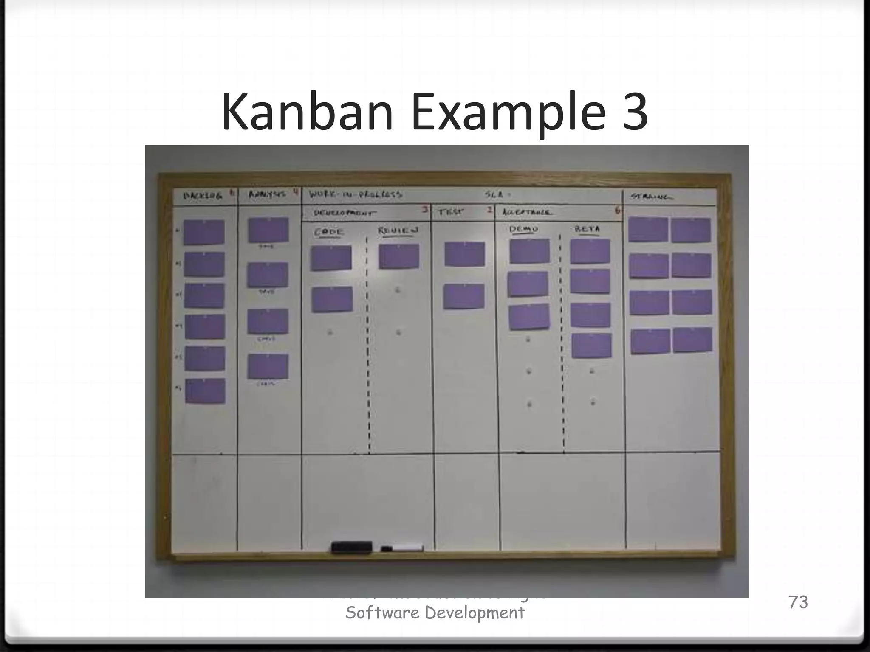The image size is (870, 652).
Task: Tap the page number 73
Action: click(798, 602)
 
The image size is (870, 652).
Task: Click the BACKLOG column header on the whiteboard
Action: click(203, 196)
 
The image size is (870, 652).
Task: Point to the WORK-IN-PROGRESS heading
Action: click(355, 195)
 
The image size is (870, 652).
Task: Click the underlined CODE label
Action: click(328, 233)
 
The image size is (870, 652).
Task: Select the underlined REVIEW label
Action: click(398, 231)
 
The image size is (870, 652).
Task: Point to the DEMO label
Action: click(523, 229)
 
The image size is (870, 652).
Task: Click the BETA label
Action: click(587, 229)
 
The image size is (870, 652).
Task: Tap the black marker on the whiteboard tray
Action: click(351, 547)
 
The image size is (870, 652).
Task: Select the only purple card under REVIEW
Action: click(399, 256)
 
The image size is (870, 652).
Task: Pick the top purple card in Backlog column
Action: click(204, 232)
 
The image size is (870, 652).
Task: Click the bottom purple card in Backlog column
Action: click(205, 391)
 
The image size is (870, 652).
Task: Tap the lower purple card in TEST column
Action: click(464, 296)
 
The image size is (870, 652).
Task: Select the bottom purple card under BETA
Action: click(591, 346)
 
